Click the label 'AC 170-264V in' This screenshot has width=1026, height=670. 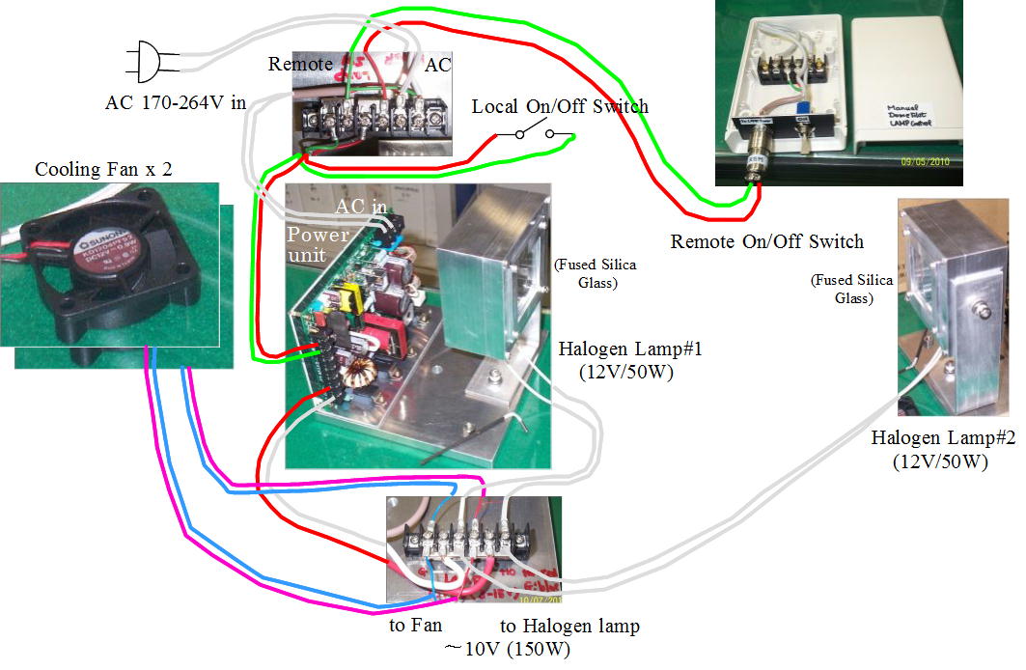(x=176, y=103)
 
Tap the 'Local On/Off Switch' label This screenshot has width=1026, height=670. (x=560, y=106)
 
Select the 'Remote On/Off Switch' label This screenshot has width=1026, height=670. (x=767, y=240)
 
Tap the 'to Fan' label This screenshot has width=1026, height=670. (x=415, y=626)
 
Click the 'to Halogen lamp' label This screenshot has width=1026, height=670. (x=568, y=626)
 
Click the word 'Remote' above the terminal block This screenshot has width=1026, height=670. (x=300, y=65)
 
